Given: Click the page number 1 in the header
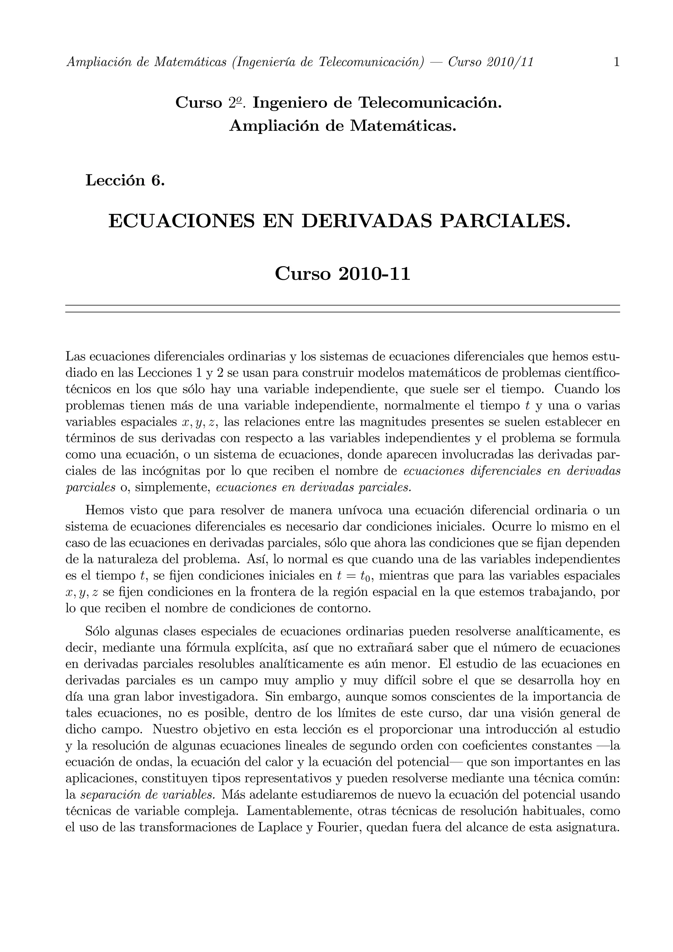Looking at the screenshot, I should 616,62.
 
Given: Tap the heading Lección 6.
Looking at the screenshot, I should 125,180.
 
